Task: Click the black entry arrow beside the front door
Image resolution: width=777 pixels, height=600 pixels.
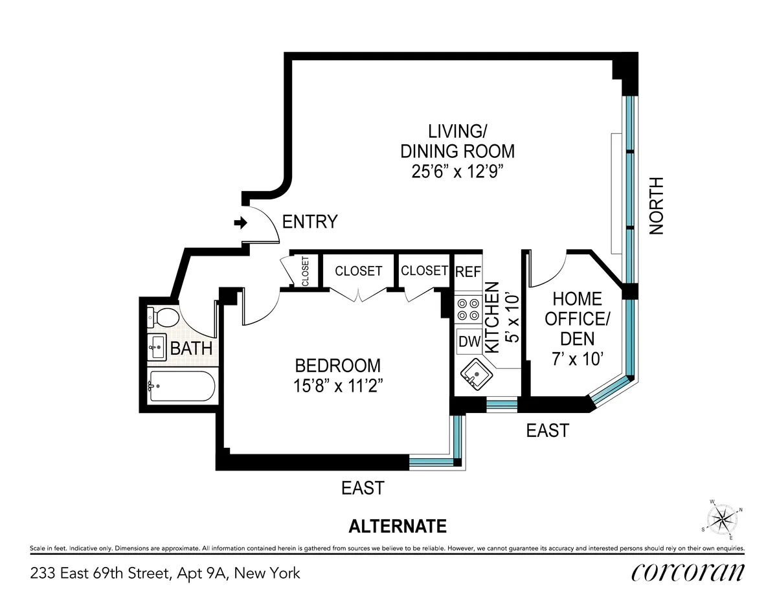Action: pos(241,223)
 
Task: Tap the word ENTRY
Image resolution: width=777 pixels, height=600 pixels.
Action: pos(310,222)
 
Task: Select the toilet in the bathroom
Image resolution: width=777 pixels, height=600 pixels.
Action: pos(164,318)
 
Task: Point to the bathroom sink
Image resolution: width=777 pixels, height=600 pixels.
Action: pos(157,348)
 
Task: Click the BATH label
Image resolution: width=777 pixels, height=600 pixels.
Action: pos(191,348)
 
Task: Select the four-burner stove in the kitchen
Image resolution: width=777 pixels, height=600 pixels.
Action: pos(467,309)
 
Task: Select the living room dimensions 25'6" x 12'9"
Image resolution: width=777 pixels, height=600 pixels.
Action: pos(456,173)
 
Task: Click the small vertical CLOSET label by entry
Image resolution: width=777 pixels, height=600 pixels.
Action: pos(306,272)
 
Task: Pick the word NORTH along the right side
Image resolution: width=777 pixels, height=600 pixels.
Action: pos(657,205)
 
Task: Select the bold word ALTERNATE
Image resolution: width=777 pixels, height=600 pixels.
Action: pos(398,526)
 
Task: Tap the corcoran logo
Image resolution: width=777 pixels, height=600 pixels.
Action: pos(687,572)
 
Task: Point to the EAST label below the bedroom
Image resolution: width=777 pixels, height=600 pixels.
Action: pos(363,487)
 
